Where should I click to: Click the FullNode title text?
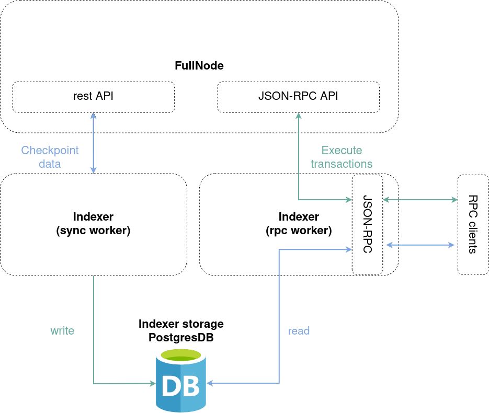[x=199, y=66]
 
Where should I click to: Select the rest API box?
[x=93, y=97]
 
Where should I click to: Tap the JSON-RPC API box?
[x=298, y=97]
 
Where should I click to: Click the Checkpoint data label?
[x=50, y=157]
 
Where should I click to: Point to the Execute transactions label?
[x=342, y=157]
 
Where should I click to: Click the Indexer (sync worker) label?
[x=93, y=223]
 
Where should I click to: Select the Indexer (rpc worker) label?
[x=298, y=223]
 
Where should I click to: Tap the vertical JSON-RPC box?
[x=367, y=225]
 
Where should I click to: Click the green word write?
[x=62, y=330]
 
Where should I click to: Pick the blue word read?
[x=299, y=330]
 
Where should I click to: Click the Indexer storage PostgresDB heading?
[x=181, y=331]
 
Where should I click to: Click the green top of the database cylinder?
[x=181, y=355]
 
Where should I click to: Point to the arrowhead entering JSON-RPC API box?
[x=298, y=116]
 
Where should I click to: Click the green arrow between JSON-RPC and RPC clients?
[x=419, y=199]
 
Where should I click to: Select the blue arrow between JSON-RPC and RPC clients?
[x=419, y=245]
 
